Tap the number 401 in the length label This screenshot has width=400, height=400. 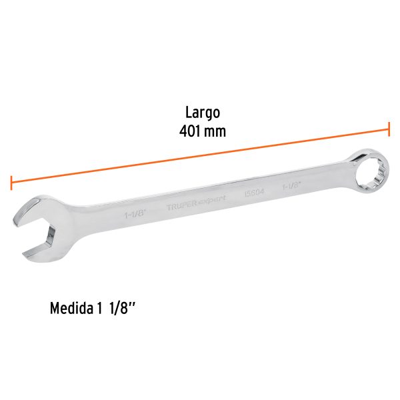point(191,132)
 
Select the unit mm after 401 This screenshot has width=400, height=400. point(215,132)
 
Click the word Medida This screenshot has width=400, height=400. point(71,310)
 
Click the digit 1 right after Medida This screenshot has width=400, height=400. point(101,310)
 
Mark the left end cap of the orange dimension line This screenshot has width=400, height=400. point(11,182)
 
